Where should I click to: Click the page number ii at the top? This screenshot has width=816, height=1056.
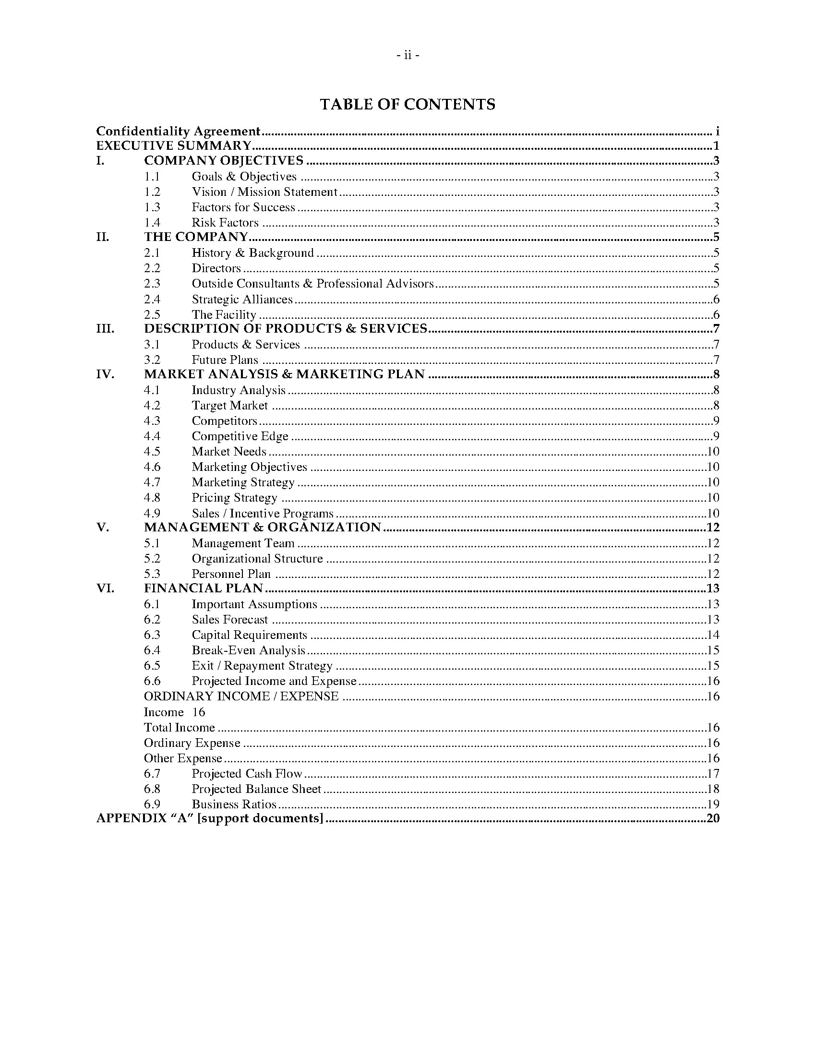pos(408,56)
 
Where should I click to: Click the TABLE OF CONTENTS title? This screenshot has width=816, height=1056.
pos(408,105)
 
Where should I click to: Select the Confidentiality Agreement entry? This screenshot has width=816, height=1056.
pos(178,131)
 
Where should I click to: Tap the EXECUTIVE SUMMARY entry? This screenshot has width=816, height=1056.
pos(174,145)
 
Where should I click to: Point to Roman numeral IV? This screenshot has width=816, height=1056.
pos(106,374)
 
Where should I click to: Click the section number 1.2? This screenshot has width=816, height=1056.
pos(152,192)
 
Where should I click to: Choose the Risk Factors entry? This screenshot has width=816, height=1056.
pos(225,222)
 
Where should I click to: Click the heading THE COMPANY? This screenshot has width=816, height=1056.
pos(196,237)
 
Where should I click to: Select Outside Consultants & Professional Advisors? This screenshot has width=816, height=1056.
pos(312,283)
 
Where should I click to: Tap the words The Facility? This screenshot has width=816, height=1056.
pos(223,314)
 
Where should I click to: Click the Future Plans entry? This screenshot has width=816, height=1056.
pos(225,360)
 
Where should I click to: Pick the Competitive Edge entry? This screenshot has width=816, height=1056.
pos(240,436)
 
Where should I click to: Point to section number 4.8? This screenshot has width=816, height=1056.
pos(152,498)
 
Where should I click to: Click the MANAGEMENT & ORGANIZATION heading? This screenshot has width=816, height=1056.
pos(263,527)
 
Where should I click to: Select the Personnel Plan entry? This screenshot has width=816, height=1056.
pos(231,574)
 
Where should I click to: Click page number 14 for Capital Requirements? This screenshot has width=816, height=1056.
pos(712,635)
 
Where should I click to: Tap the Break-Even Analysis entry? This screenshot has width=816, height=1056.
pos(249,650)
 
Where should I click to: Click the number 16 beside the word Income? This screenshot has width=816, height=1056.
pos(198,712)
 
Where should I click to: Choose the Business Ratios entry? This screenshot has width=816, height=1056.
pos(234,804)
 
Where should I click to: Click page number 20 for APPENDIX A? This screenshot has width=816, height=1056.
pos(712,818)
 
